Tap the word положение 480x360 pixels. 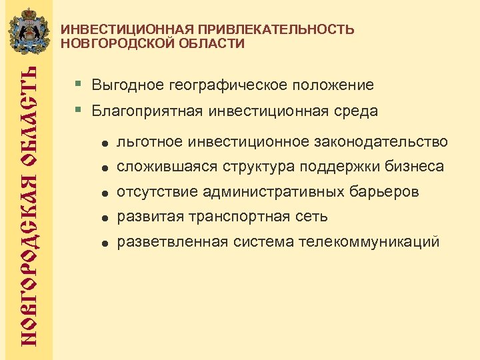click(x=331, y=86)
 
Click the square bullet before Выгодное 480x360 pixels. click(x=79, y=85)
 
